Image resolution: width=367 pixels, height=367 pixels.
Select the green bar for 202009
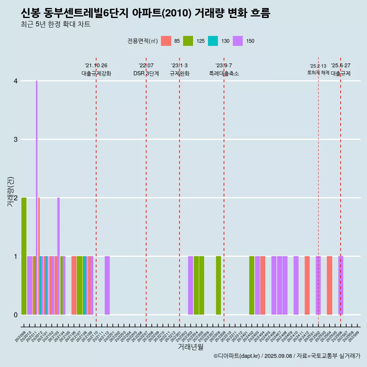coord(24,256)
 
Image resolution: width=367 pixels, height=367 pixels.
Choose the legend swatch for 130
coord(213,41)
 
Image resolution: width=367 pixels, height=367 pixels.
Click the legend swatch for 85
coord(166,41)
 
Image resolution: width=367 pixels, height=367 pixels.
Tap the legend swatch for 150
coord(238,41)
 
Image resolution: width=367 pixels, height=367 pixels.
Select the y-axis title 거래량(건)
coord(10,192)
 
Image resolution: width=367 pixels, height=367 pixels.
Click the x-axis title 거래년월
coord(190,347)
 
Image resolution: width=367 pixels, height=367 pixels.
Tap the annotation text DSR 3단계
coord(146,73)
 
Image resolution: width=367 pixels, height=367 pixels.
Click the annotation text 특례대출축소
coord(224,73)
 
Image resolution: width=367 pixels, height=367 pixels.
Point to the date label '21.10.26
coord(96,65)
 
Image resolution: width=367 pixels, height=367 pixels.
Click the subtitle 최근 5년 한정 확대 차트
coord(56,24)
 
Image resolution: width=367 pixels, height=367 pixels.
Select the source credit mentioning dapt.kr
coord(287,356)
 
